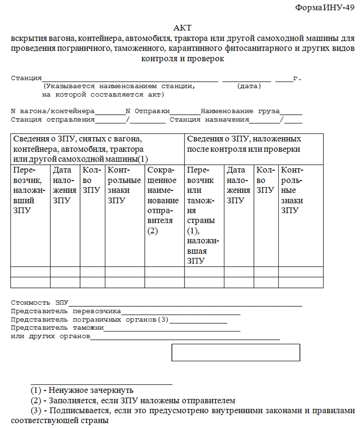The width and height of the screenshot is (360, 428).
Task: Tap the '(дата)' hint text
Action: pos(249,87)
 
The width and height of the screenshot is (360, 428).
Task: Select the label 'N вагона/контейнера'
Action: pos(53,111)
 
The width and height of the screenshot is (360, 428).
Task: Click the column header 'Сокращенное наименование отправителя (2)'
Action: pos(163,201)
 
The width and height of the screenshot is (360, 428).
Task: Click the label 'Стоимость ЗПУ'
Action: pos(39,303)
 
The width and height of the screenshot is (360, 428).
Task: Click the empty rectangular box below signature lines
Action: pos(236,352)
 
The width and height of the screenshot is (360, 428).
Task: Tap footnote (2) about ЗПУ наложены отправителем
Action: pos(133,401)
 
